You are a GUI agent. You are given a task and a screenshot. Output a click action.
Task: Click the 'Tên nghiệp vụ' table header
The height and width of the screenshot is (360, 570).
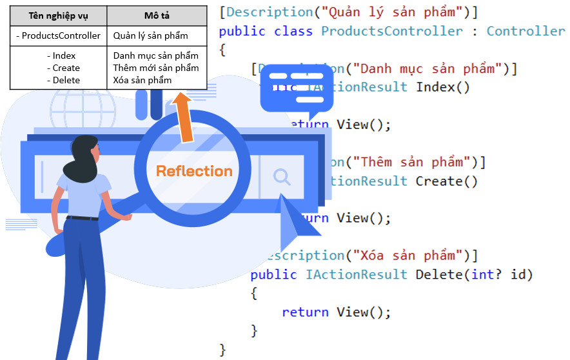coord(58,15)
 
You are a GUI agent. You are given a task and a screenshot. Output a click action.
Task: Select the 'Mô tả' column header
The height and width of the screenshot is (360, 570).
coord(157,15)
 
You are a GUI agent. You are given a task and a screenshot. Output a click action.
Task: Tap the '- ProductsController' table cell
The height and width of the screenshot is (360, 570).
coord(58,35)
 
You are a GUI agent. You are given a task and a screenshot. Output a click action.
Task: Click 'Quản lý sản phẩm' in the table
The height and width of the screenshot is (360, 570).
coord(150,35)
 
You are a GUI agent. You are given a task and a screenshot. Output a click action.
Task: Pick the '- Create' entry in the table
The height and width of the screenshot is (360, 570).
coord(63,68)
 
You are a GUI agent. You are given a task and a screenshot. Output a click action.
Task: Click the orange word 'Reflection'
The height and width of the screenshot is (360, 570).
coord(194,171)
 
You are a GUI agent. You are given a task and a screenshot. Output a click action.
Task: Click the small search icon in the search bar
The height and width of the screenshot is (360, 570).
coord(281,176)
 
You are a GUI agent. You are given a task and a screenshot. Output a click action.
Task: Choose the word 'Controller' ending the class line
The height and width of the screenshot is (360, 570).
coord(525,31)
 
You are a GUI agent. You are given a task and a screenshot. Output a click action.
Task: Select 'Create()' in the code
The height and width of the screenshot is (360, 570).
coord(447,181)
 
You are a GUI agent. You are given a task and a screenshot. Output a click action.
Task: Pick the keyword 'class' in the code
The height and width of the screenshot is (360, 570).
coord(293,31)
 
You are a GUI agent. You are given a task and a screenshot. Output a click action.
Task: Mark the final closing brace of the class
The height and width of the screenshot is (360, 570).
coord(223,349)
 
